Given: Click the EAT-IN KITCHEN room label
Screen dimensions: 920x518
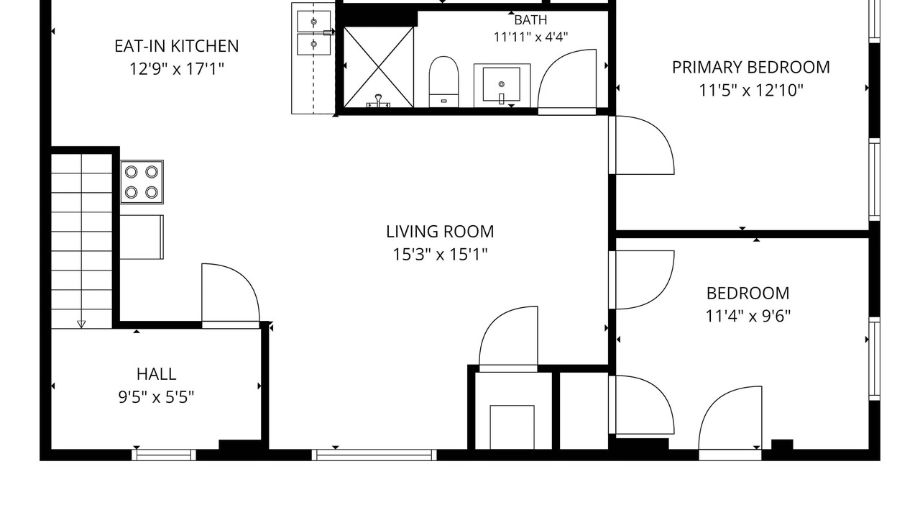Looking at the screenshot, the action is (x=177, y=46).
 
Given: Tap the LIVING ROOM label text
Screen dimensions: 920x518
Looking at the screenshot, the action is (x=440, y=232).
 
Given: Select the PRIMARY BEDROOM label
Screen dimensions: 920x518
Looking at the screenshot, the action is (x=751, y=68).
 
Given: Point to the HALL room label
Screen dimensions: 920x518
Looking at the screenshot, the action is (x=157, y=374).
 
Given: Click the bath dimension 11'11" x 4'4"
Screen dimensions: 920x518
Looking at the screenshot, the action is (x=530, y=37).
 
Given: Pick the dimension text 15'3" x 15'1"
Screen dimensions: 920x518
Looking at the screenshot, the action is (x=440, y=255).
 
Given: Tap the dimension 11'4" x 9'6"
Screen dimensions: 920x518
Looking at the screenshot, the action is (x=748, y=316).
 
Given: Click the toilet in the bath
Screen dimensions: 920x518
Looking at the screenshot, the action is (x=443, y=82).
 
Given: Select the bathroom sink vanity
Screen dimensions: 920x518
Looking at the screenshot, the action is (x=502, y=86).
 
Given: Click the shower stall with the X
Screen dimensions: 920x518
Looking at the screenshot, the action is (x=378, y=67).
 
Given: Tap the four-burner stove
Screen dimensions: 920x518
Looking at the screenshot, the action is (x=142, y=182).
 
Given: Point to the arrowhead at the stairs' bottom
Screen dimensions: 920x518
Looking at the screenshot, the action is (x=81, y=324).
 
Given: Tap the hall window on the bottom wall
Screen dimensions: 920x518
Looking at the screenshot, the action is (x=164, y=455).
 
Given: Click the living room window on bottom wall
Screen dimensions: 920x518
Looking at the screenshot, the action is (x=374, y=455).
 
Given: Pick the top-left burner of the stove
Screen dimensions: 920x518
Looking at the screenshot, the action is (x=131, y=172).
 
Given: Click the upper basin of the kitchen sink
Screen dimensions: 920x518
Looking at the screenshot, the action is (x=314, y=22).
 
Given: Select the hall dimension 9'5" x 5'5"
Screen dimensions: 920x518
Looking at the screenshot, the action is (x=156, y=398).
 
